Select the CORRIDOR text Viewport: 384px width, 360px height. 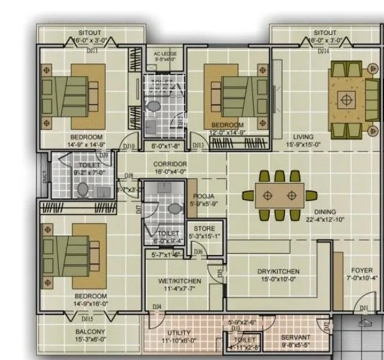(170, 165)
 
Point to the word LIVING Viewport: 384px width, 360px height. (303, 137)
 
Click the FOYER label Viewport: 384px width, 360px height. (361, 270)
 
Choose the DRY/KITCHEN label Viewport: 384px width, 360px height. (278, 271)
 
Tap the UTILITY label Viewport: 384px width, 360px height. (179, 332)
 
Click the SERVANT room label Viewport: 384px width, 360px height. (296, 337)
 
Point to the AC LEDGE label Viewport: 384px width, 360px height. (165, 54)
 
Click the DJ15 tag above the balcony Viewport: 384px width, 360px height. (88, 319)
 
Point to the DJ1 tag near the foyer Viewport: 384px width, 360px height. (364, 307)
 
